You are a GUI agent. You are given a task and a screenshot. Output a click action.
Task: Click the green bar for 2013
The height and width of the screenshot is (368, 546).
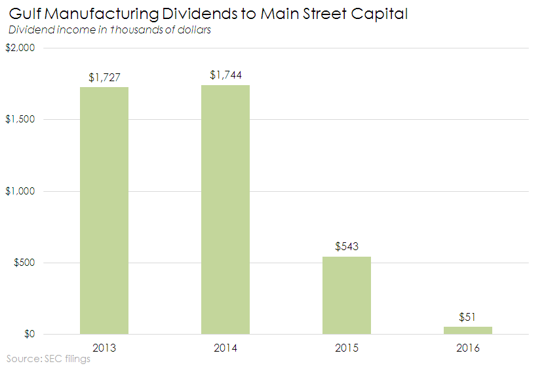pyautogui.click(x=104, y=210)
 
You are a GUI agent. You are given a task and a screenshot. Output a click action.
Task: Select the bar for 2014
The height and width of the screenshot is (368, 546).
pyautogui.click(x=225, y=210)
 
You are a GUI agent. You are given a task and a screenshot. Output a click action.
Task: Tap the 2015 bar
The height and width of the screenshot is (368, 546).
pyautogui.click(x=347, y=295)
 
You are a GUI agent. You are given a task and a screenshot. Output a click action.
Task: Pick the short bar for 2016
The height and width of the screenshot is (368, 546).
pyautogui.click(x=468, y=330)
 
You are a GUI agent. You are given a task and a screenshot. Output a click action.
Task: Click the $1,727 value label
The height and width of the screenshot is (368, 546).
pyautogui.click(x=104, y=78)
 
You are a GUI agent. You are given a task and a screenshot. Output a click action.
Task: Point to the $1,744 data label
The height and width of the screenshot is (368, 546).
pyautogui.click(x=225, y=75)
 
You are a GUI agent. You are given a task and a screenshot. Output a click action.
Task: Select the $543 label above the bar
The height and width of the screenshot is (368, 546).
pyautogui.click(x=347, y=247)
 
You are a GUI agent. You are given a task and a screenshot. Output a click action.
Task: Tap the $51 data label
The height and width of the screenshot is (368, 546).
pyautogui.click(x=468, y=317)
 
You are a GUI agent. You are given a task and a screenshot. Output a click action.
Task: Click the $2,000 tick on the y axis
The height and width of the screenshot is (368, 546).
pyautogui.click(x=21, y=48)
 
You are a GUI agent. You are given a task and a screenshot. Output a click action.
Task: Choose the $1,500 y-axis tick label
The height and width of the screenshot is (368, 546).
pyautogui.click(x=21, y=120)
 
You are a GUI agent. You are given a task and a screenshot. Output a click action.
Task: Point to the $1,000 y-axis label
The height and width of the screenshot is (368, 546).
pyautogui.click(x=21, y=191)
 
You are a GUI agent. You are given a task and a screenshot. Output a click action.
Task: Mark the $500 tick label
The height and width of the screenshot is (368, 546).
pyautogui.click(x=24, y=263)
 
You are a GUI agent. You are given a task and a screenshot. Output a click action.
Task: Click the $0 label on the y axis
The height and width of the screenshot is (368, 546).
pyautogui.click(x=29, y=335)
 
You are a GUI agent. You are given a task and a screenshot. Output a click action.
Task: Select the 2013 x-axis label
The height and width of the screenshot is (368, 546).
pyautogui.click(x=104, y=348)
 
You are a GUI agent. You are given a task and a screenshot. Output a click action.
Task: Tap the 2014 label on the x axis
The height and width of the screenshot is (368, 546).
pyautogui.click(x=225, y=348)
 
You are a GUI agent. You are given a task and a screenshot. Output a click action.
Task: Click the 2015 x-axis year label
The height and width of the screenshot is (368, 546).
pyautogui.click(x=347, y=348)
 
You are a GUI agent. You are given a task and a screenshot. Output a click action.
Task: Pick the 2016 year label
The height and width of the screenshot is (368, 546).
pyautogui.click(x=468, y=348)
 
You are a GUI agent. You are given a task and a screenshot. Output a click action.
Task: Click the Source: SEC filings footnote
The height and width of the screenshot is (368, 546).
pyautogui.click(x=49, y=359)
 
